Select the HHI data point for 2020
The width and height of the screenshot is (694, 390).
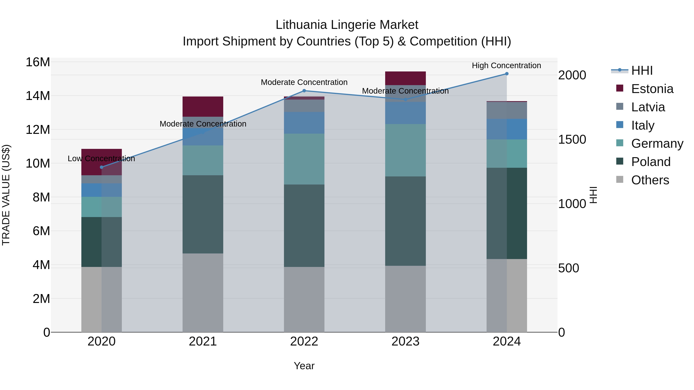click(102, 167)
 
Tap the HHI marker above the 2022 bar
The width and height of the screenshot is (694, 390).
click(304, 91)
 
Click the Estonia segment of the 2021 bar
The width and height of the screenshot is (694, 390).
click(203, 106)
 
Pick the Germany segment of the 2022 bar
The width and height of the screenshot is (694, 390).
click(304, 159)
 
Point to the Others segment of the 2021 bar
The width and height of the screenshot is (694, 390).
click(203, 293)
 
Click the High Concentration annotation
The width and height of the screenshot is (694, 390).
click(506, 65)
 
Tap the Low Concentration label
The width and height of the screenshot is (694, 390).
click(101, 159)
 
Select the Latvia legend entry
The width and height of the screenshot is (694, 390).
click(648, 107)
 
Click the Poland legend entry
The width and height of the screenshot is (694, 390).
click(650, 162)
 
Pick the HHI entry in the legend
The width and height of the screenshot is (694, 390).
click(642, 70)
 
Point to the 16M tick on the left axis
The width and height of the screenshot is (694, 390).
click(38, 62)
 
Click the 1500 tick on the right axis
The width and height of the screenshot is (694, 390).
click(572, 139)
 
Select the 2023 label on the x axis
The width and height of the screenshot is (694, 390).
click(405, 341)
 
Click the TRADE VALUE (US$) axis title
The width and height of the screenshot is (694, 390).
click(6, 195)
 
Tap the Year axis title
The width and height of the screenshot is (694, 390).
click(304, 366)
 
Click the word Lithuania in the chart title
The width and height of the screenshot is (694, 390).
click(301, 25)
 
